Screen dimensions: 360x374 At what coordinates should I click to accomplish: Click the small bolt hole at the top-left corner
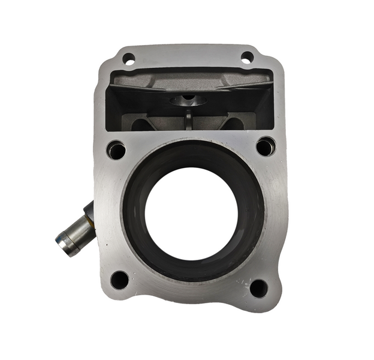tap(129, 59)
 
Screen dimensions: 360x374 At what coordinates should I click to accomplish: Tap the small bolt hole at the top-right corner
tap(247, 58)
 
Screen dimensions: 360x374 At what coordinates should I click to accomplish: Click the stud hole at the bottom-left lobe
tap(120, 280)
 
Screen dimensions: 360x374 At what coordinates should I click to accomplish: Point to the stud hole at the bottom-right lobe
tap(258, 289)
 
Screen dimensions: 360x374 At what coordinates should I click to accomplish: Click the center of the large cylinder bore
tap(191, 214)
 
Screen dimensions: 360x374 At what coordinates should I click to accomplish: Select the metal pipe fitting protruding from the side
tap(75, 233)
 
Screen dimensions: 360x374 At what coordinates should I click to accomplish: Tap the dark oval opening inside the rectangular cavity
tap(188, 100)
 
